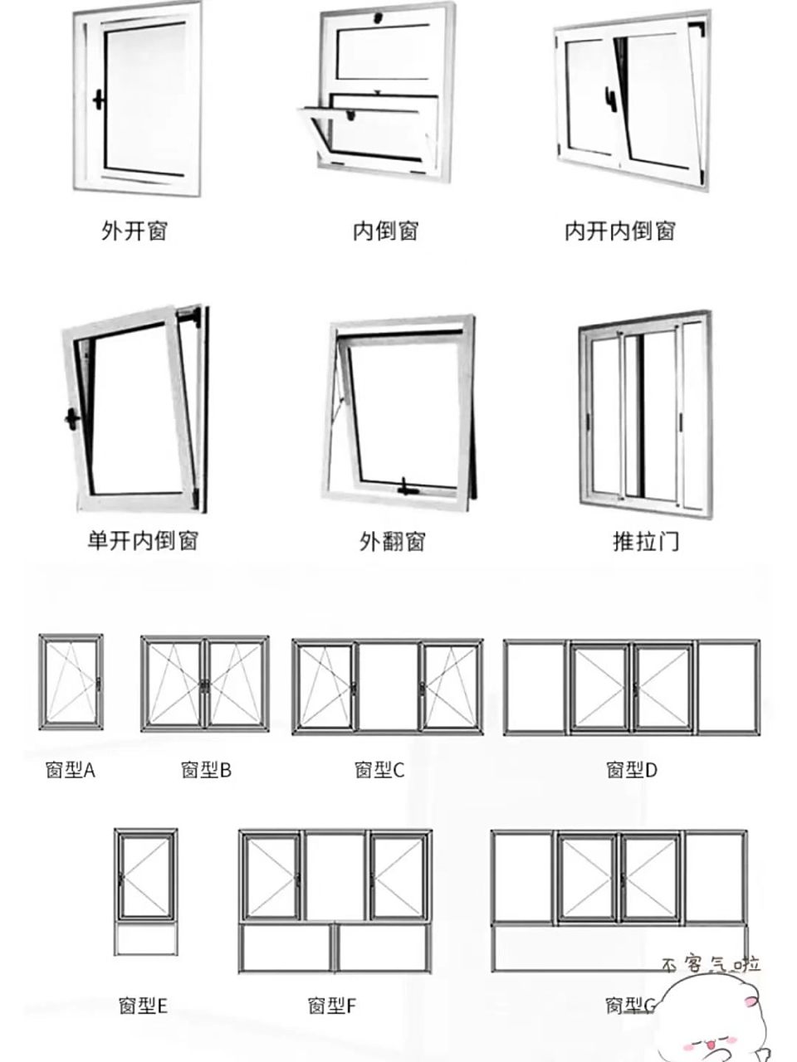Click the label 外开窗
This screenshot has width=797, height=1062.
pyautogui.click(x=134, y=231)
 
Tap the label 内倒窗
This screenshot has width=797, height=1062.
pyautogui.click(x=386, y=231)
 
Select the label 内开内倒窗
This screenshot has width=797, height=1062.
pyautogui.click(x=620, y=231)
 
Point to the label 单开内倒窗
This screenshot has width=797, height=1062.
pyautogui.click(x=143, y=541)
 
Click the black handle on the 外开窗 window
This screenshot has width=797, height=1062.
pyautogui.click(x=99, y=100)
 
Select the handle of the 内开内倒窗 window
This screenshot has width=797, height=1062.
pyautogui.click(x=611, y=99)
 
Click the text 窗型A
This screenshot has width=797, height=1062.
pyautogui.click(x=71, y=770)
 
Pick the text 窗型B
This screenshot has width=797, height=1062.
pyautogui.click(x=206, y=770)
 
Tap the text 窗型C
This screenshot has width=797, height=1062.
pyautogui.click(x=379, y=770)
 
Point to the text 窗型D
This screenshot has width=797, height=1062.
pyautogui.click(x=631, y=770)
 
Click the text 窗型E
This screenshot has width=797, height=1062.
pyautogui.click(x=143, y=1006)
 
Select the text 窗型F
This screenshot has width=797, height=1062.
pyautogui.click(x=331, y=1006)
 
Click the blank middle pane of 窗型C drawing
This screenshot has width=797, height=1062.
pyautogui.click(x=388, y=686)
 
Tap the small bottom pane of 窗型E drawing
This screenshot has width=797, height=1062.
pyautogui.click(x=145, y=939)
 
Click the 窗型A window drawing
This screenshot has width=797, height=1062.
pyautogui.click(x=71, y=683)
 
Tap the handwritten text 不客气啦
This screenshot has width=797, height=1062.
pyautogui.click(x=711, y=964)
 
